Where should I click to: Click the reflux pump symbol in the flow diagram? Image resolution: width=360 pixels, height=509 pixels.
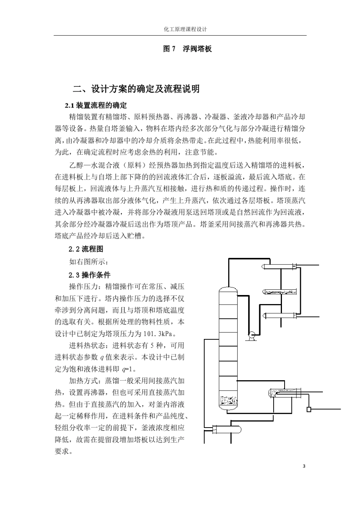tap(250, 335)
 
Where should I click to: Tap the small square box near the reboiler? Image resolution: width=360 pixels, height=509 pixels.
tap(308, 409)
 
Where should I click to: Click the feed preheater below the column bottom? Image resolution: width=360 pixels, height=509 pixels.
tap(227, 429)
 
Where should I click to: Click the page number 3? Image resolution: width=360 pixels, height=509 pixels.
tap(304, 466)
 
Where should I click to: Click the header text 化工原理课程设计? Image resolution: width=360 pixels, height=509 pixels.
tap(180, 29)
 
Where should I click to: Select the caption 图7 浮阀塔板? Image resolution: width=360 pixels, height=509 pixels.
tap(187, 49)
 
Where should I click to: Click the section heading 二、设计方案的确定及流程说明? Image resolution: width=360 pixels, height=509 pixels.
tap(136, 89)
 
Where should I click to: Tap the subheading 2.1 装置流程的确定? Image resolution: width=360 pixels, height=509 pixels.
tap(96, 105)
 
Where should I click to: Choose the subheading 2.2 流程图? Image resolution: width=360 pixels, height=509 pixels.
tap(86, 249)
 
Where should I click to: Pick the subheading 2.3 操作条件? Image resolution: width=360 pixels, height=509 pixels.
tap(89, 275)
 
